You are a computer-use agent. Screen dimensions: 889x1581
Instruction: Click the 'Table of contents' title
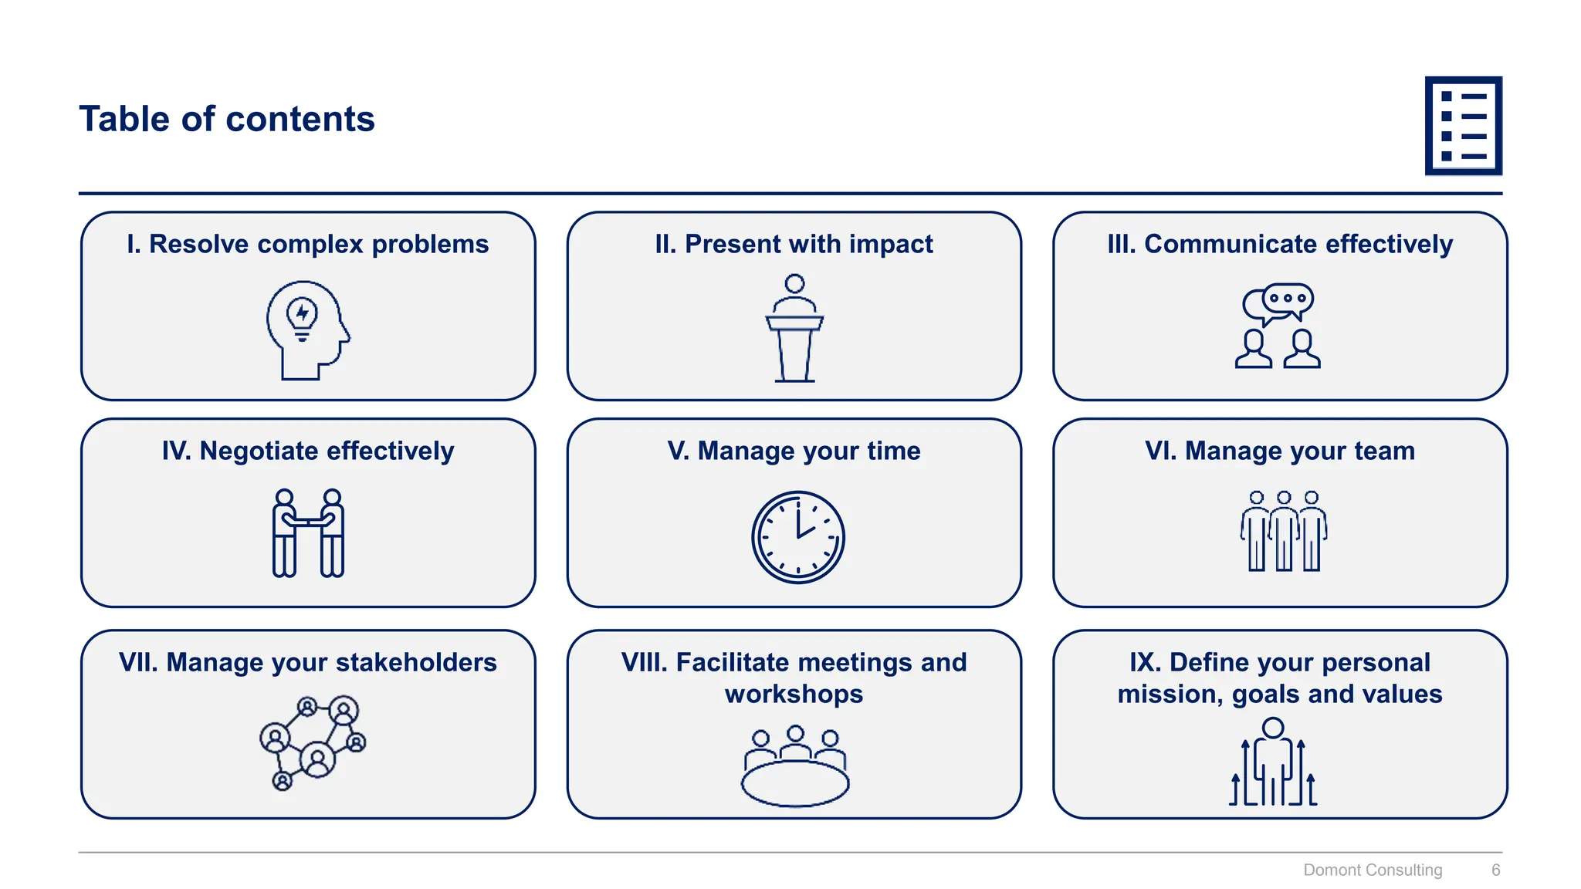pyautogui.click(x=226, y=119)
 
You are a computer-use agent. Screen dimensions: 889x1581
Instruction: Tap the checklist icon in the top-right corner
pyautogui.click(x=1463, y=126)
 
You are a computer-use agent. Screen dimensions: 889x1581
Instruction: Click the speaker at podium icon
pyautogui.click(x=794, y=328)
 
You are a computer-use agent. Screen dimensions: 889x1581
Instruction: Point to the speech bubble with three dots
pyautogui.click(x=1288, y=299)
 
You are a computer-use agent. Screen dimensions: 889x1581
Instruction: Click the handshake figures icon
pyautogui.click(x=308, y=532)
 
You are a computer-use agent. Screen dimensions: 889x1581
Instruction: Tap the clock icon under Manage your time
pyautogui.click(x=797, y=537)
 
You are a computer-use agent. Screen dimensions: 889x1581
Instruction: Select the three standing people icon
pyautogui.click(x=1284, y=531)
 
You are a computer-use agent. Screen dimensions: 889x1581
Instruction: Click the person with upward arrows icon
pyautogui.click(x=1273, y=762)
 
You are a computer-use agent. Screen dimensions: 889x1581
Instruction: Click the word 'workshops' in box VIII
pyautogui.click(x=794, y=694)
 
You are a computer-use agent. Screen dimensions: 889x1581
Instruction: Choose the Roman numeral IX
pyautogui.click(x=1145, y=662)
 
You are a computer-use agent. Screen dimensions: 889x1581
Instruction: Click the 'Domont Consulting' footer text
pyautogui.click(x=1372, y=870)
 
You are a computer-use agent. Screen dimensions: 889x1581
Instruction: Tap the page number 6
pyautogui.click(x=1495, y=870)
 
